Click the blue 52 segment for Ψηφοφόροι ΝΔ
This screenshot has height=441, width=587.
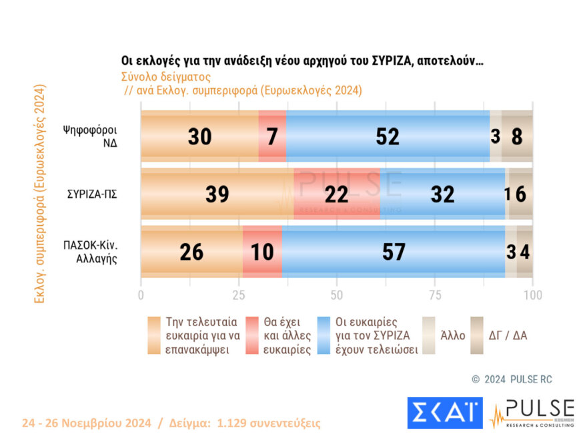[x=388, y=136]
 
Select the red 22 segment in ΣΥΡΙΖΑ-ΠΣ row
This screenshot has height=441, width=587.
[x=336, y=194]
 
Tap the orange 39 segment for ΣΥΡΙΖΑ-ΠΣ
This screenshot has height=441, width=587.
[x=217, y=194]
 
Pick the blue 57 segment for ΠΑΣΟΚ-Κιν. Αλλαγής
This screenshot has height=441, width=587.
[x=393, y=252]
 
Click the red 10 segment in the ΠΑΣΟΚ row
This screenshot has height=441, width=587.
[x=262, y=252]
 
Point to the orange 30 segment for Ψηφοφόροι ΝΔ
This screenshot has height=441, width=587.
[x=199, y=136]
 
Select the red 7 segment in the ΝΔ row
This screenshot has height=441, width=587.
[x=272, y=136]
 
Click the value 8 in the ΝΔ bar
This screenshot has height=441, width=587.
[x=518, y=136]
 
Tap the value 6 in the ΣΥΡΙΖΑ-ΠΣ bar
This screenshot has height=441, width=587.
[x=521, y=194]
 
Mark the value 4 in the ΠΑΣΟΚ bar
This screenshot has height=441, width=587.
[x=525, y=252]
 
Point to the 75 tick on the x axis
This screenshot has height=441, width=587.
[x=434, y=294]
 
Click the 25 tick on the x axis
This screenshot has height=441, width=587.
[x=238, y=294]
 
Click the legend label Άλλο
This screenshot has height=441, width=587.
[x=452, y=335]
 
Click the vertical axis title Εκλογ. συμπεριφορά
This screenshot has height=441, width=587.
[x=39, y=194]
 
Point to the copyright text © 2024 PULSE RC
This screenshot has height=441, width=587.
[x=512, y=380]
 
